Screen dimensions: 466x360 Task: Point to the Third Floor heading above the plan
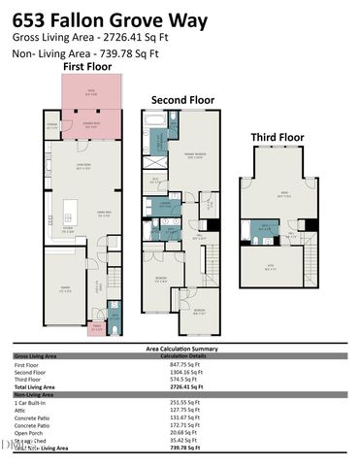278,138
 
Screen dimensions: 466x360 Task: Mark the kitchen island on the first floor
70,211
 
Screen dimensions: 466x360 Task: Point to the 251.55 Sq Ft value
178,402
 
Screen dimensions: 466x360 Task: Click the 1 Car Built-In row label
30,402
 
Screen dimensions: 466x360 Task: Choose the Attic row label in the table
20,410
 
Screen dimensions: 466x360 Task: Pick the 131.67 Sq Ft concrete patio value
178,417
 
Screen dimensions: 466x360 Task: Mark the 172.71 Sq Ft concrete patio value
178,425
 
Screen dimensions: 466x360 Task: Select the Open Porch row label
28,433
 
